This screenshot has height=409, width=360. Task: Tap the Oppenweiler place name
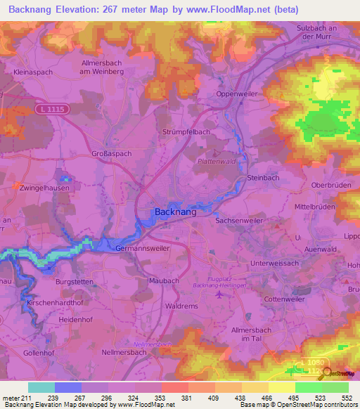coord(238,93)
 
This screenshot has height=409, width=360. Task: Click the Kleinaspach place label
coord(34,71)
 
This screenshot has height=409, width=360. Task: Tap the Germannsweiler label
coord(141,249)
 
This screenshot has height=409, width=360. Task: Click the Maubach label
coord(165,280)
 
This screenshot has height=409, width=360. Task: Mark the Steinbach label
coord(264,178)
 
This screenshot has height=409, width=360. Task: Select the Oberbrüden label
coord(330,186)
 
